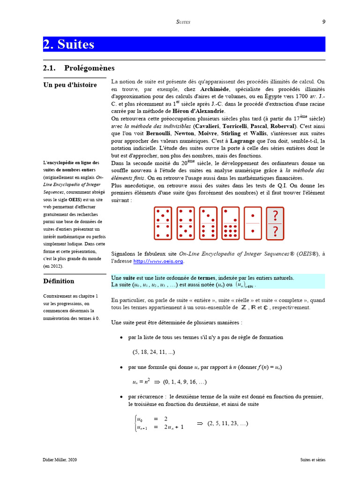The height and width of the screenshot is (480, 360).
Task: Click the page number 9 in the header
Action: pyautogui.click(x=323, y=22)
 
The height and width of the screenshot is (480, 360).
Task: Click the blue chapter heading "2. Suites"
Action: pyautogui.click(x=69, y=45)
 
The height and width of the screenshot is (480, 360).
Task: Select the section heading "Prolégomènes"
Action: pyautogui.click(x=89, y=68)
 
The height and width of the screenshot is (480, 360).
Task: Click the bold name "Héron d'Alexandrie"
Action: pyautogui.click(x=197, y=111)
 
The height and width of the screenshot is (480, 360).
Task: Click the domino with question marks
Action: pyautogui.click(x=275, y=223)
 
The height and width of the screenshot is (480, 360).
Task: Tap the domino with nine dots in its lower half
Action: pyautogui.click(x=230, y=223)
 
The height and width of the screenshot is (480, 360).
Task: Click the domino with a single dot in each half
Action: pyautogui.click(x=253, y=223)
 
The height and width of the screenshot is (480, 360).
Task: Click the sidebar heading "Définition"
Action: pyautogui.click(x=59, y=281)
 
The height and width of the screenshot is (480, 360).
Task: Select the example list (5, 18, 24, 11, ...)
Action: pyautogui.click(x=154, y=352)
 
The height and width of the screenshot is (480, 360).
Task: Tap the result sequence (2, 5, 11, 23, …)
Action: pyautogui.click(x=227, y=423)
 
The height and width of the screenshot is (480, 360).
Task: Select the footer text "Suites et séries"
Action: pyautogui.click(x=313, y=460)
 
